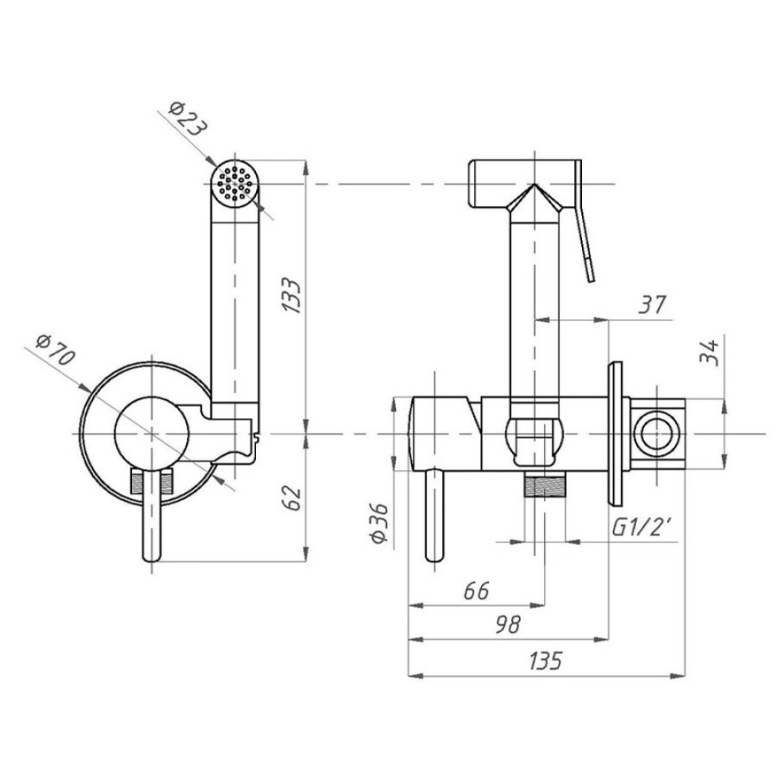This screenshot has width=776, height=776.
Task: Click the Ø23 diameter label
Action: [188, 119]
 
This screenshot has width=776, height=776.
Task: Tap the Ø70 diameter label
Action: [55, 350]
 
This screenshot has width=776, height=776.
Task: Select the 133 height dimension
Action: [291, 296]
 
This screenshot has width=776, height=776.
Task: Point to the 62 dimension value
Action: [292, 498]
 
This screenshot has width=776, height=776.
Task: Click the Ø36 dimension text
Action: [380, 523]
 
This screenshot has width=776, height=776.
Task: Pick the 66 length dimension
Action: [476, 591]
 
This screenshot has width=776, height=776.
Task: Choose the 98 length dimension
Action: [508, 625]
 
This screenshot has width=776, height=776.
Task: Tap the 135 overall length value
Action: [546, 660]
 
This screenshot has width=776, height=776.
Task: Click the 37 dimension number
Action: [653, 304]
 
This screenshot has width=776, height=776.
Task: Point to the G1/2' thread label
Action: [641, 527]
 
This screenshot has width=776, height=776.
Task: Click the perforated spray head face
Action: [235, 183]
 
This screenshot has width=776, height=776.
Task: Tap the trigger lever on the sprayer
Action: [585, 222]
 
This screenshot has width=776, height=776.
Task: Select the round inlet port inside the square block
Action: [657, 433]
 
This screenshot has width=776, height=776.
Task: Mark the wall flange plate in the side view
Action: [615, 434]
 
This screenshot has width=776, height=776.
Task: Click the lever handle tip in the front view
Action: [152, 557]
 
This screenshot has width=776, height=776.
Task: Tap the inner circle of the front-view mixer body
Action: [152, 434]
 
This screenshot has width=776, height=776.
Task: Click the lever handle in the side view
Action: [435, 515]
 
